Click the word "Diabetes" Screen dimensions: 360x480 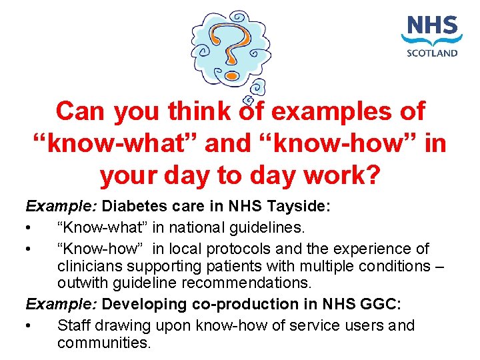click(x=131, y=207)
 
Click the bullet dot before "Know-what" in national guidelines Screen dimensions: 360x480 click(x=29, y=229)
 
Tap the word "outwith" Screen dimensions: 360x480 click(x=81, y=283)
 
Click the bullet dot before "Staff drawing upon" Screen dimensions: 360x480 click(x=29, y=326)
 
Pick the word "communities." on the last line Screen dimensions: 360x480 click(x=104, y=343)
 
